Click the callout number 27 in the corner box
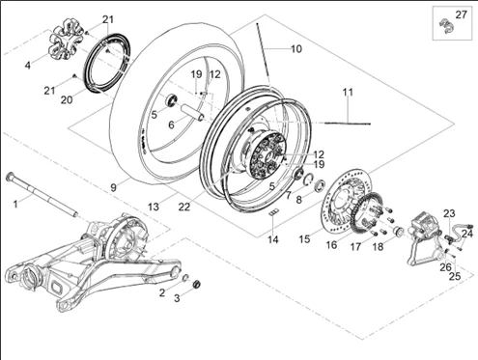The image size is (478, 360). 461,14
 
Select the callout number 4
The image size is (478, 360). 28,66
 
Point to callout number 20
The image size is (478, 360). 67,100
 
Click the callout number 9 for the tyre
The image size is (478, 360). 113,187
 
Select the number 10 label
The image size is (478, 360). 296,49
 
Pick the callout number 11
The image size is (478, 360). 348,93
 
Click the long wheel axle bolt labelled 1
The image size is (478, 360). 42,194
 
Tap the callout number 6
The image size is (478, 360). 171,125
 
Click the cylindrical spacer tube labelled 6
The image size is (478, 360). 192,112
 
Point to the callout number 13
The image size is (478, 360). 154,207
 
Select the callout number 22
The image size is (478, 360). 184,207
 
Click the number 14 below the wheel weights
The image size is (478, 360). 273,239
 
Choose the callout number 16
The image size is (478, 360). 331,245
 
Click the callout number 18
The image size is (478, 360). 379,247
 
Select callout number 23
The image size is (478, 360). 449,213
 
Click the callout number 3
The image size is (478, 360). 177,298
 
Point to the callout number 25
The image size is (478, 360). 455,276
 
